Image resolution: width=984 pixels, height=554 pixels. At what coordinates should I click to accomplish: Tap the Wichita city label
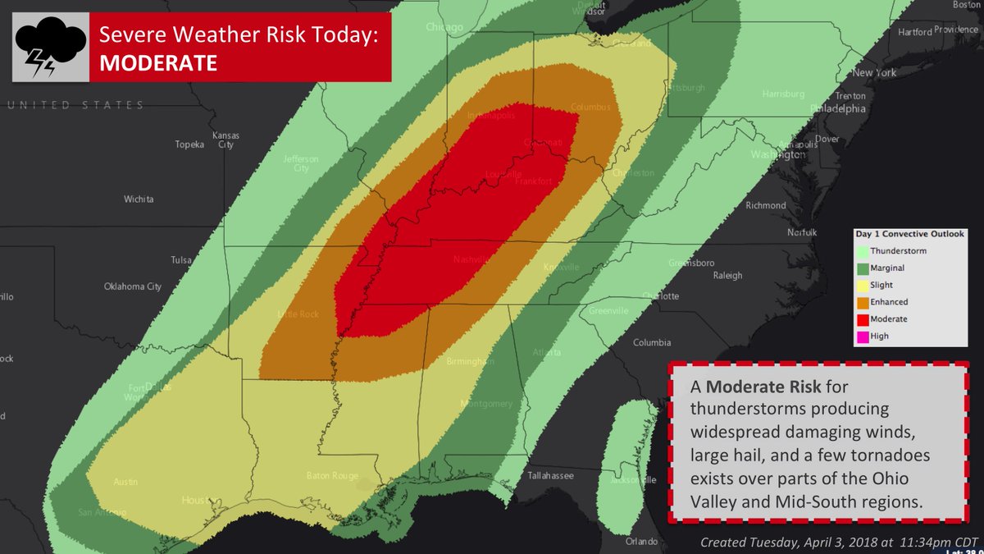[x=139, y=199]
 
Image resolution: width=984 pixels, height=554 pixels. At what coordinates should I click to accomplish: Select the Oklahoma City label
[x=132, y=286]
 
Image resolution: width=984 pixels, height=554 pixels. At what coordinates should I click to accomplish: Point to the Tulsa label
[x=180, y=260]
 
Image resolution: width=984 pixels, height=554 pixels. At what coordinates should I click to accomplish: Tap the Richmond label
[x=765, y=205]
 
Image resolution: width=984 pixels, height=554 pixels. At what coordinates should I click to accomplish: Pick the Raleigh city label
[x=727, y=276]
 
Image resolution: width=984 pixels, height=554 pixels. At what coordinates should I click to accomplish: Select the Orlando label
[x=641, y=542]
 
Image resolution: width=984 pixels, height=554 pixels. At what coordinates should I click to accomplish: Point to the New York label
[x=874, y=73]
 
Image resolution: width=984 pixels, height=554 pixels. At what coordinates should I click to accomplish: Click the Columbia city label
[x=652, y=342]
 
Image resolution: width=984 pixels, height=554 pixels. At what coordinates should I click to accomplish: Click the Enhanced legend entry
[x=889, y=302]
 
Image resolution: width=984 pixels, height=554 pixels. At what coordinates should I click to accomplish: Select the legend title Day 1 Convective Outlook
[x=910, y=234]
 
